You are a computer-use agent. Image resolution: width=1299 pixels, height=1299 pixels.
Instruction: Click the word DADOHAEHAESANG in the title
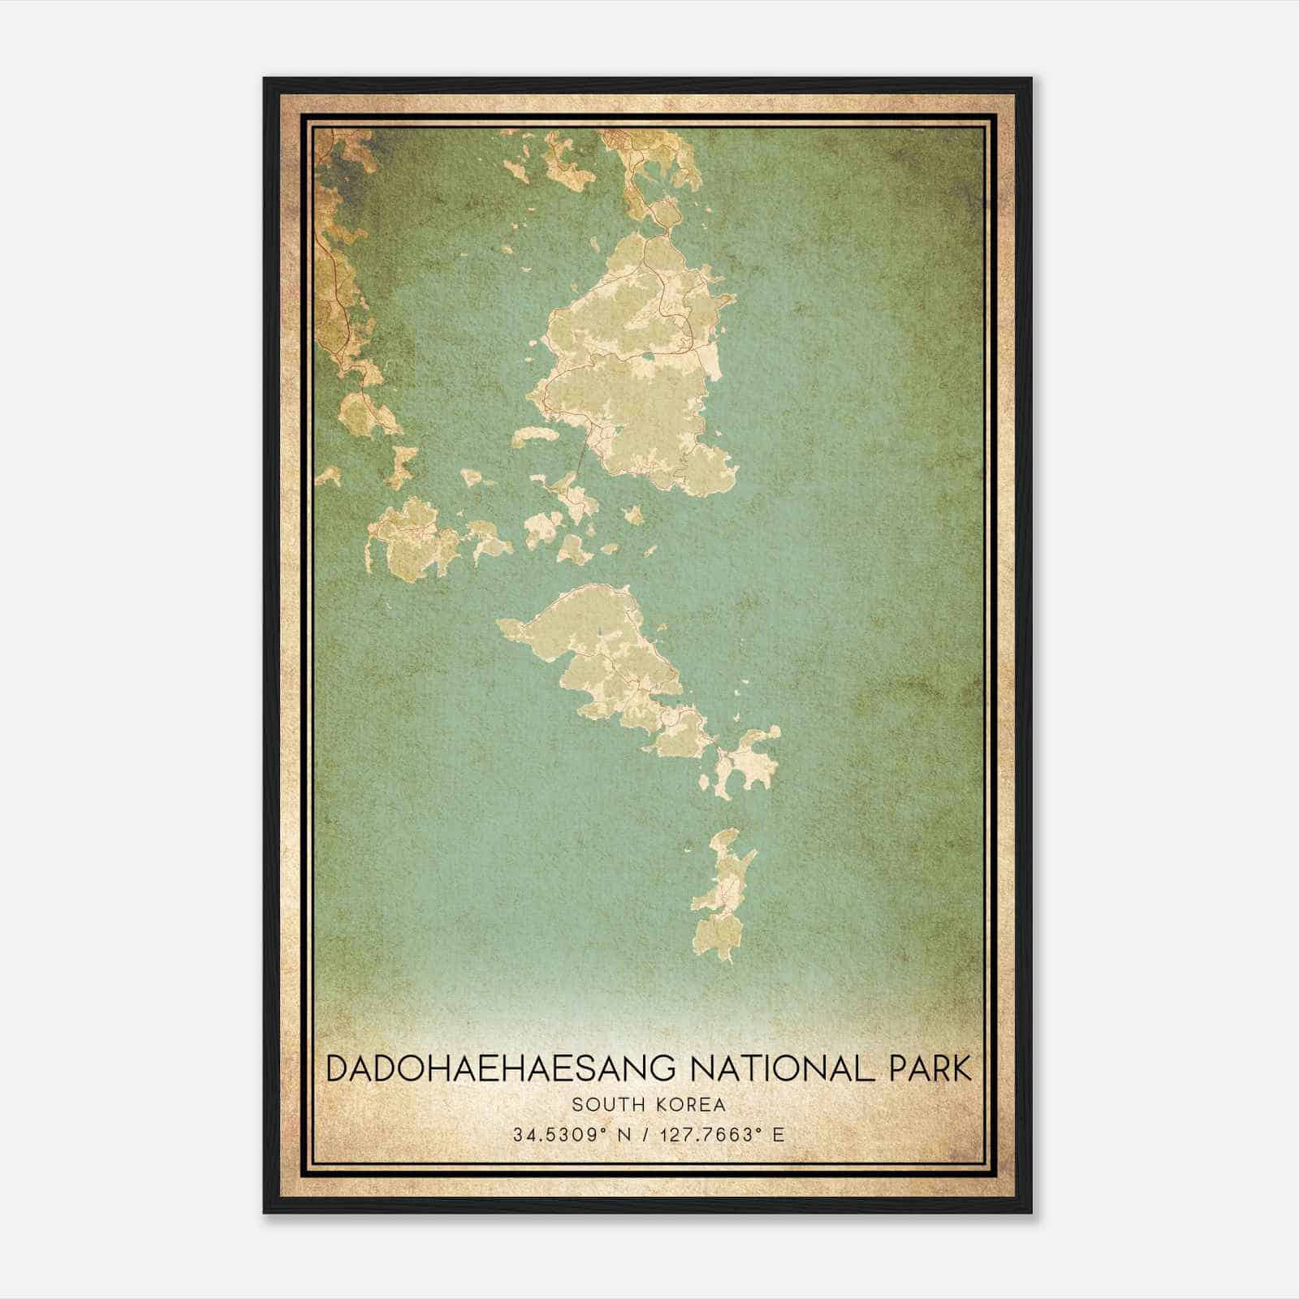(498, 1068)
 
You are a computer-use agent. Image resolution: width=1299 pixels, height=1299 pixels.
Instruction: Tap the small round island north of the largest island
(667, 214)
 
